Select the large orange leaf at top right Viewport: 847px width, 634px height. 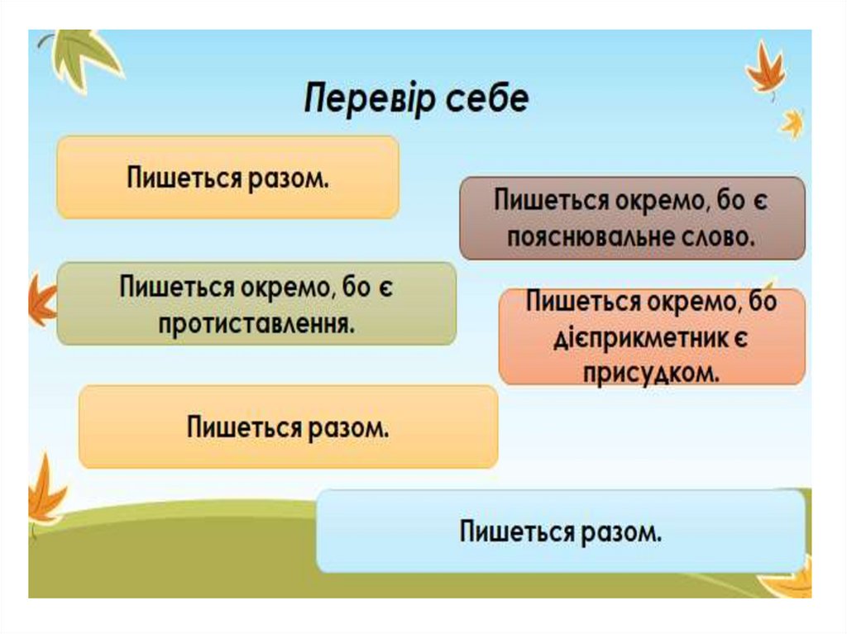pos(764,69)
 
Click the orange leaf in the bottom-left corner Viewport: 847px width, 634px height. pos(45,496)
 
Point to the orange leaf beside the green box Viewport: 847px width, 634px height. pos(42,302)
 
